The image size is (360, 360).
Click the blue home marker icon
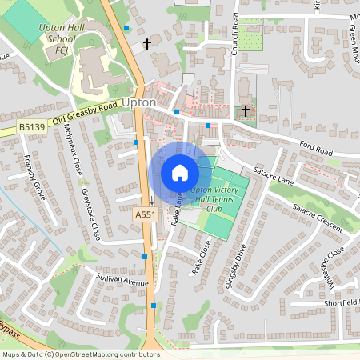pyautogui.click(x=179, y=173)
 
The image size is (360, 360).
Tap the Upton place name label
pyautogui.click(x=139, y=103)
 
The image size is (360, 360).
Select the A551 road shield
pyautogui.click(x=144, y=215)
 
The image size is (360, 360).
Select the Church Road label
pyautogui.click(x=238, y=33)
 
